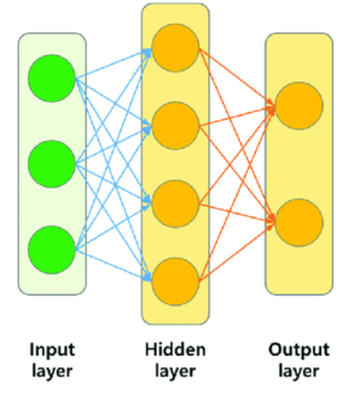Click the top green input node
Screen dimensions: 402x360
pos(52,79)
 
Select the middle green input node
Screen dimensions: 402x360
pos(52,164)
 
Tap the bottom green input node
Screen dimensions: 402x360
pos(52,248)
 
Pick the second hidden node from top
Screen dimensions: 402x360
pos(176,125)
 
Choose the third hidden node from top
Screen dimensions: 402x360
pos(176,204)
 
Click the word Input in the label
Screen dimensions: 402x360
pos(52,350)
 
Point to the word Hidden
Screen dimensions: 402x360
pos(176,350)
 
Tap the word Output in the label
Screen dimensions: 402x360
pos(299,350)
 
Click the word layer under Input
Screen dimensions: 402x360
pos(52,371)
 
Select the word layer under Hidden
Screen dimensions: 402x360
pos(176,371)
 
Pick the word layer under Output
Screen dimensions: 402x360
pos(299,371)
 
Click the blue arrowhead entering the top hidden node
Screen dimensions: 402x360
pos(148,50)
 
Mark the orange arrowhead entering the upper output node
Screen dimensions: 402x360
pos(271,107)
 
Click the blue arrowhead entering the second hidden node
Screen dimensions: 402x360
pos(148,126)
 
